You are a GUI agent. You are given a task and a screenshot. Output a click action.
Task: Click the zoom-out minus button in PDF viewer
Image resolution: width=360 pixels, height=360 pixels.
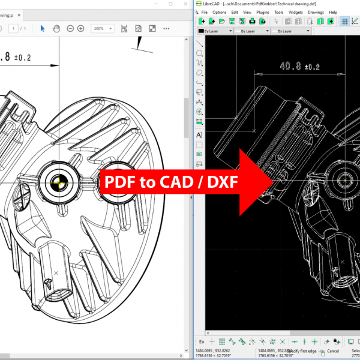[x=70, y=28]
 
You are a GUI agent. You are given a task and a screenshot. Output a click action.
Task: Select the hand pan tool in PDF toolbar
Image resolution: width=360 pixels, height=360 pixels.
[x=56, y=28]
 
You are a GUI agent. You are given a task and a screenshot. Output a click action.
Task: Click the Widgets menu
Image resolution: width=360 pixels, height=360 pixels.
[x=296, y=12]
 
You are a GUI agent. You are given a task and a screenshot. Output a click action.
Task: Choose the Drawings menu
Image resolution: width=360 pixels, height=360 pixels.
[x=316, y=12]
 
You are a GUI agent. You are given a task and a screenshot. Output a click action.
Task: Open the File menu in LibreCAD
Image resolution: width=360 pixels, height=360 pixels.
[x=205, y=12]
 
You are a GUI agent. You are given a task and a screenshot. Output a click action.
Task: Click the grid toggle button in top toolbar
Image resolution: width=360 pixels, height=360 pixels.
[x=345, y=21]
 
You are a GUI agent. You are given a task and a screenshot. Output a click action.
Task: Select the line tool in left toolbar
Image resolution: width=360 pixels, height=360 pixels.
[x=199, y=43]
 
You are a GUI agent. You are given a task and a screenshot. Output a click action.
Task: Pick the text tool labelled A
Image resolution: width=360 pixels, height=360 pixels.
[x=199, y=135]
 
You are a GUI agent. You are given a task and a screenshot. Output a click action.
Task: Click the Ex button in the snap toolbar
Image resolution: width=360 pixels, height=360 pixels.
[x=202, y=341]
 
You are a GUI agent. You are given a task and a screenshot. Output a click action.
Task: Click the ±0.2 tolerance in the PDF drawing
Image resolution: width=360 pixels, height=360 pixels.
[x=22, y=58]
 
